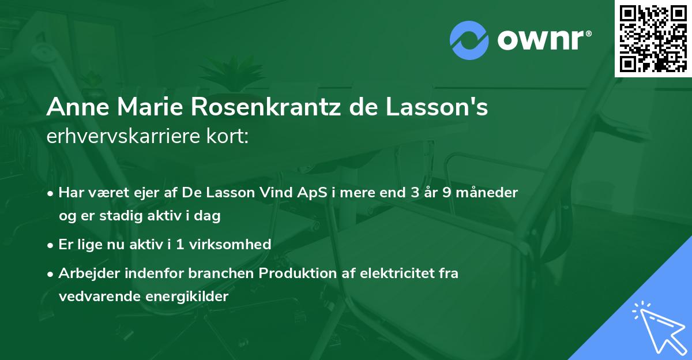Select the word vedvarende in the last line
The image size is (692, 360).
coord(94,297)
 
